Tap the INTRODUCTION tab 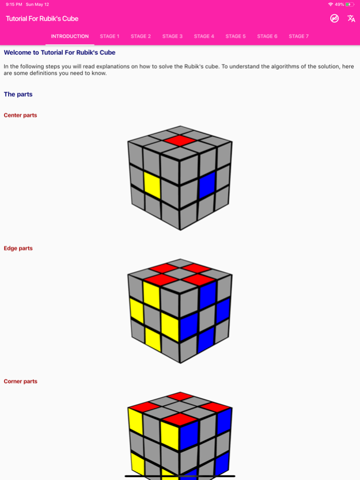click(70, 36)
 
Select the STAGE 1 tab click(109, 36)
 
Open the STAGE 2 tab click(141, 36)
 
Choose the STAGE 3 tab click(172, 36)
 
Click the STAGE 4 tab click(204, 36)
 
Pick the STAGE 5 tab click(236, 36)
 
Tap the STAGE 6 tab click(267, 36)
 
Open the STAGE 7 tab click(298, 36)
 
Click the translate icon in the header click(351, 18)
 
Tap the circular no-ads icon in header click(334, 18)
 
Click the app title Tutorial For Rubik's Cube click(42, 18)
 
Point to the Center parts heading click(20, 115)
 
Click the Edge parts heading click(18, 248)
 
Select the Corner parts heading click(21, 381)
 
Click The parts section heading click(18, 94)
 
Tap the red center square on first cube click(180, 140)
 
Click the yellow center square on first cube click(151, 185)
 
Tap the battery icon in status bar click(350, 4)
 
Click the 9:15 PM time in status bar click(13, 4)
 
